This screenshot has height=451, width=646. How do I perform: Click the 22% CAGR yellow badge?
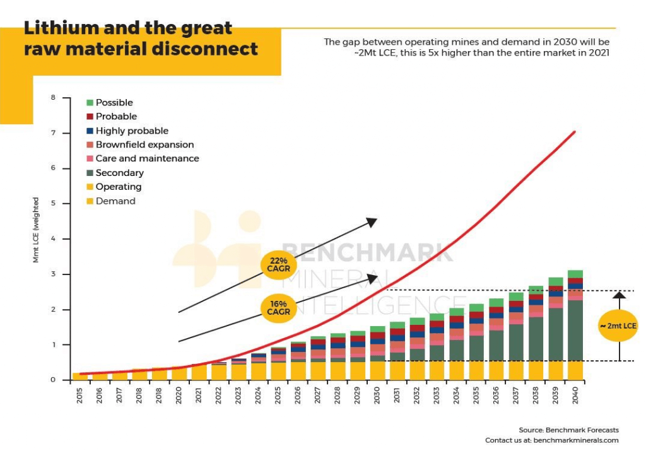[x=278, y=265]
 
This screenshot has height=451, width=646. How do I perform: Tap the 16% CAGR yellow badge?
[x=278, y=308]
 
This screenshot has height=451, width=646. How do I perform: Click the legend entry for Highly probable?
[x=132, y=131]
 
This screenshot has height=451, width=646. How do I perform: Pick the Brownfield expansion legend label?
[x=144, y=144]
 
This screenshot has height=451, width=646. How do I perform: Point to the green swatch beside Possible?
[x=90, y=103]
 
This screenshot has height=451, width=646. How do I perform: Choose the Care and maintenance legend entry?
[x=147, y=158]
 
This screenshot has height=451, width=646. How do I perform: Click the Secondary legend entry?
[x=119, y=173]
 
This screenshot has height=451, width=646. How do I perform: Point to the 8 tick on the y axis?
[x=53, y=98]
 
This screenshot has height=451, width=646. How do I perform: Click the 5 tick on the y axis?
[x=53, y=204]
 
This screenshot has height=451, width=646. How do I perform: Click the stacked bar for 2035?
[x=476, y=344]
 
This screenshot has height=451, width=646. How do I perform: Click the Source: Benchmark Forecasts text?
[x=568, y=430]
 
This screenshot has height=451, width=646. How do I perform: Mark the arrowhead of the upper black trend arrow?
[x=372, y=221]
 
